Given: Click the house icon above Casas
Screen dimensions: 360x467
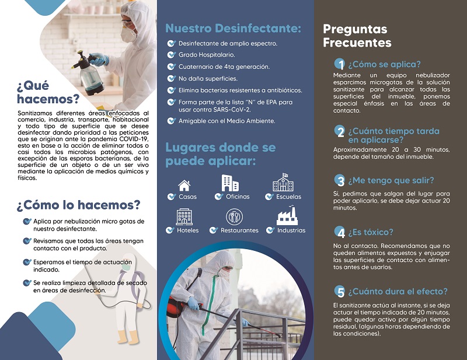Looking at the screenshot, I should [x=184, y=186].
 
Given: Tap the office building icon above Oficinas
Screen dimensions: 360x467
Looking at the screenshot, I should [x=230, y=183].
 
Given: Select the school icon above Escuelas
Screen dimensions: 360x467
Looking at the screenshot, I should [x=283, y=183].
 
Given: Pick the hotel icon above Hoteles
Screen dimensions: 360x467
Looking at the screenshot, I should [x=184, y=216].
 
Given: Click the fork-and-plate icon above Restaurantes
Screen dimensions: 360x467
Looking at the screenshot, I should [x=234, y=217].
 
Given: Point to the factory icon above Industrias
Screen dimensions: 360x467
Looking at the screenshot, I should [x=287, y=216].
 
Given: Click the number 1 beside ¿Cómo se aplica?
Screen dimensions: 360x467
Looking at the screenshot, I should [x=339, y=64].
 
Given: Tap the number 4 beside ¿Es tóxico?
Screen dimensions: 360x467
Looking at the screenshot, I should [x=339, y=232].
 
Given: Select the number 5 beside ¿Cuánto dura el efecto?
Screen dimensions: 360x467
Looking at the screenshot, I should [x=339, y=291].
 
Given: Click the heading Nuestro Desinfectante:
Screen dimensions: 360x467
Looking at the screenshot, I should [x=233, y=28].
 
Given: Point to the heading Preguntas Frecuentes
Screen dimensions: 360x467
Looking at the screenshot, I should [x=357, y=36].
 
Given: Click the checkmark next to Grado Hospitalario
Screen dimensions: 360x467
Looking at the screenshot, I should [x=170, y=55].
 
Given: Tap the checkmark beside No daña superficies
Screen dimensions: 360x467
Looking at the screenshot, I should [x=170, y=78].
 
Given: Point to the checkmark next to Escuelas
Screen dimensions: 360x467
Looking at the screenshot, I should [x=269, y=197].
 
